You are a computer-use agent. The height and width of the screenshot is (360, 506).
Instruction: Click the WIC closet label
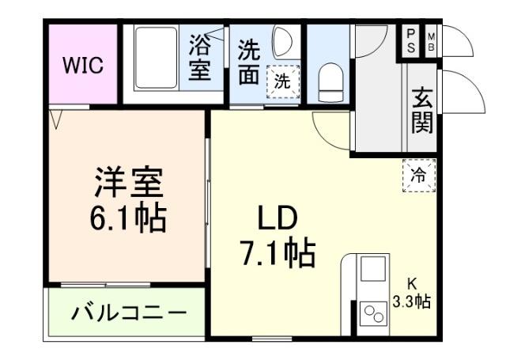pyautogui.click(x=82, y=66)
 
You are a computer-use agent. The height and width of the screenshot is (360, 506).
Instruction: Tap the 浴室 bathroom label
pyautogui.click(x=199, y=56)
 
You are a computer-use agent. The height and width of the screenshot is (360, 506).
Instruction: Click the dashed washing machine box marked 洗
pyautogui.click(x=282, y=81)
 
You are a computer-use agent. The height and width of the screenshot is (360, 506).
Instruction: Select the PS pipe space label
pyautogui.click(x=411, y=41)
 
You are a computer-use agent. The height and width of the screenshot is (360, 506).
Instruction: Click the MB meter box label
pyautogui.click(x=432, y=42)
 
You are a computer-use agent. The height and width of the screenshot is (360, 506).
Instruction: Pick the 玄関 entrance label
pyautogui.click(x=421, y=111)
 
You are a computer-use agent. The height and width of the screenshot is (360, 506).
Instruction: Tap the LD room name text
pyautogui.click(x=276, y=217)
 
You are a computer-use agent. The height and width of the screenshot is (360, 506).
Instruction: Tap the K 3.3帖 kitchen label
pyautogui.click(x=412, y=293)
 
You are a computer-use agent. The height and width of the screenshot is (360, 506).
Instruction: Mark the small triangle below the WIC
pyautogui.click(x=55, y=119)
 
